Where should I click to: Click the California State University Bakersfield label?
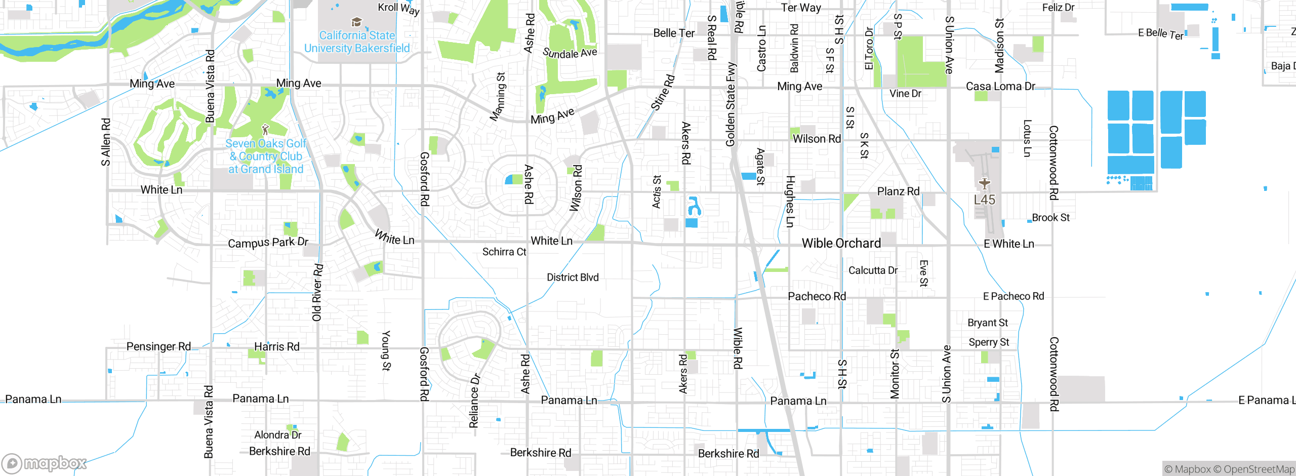tap(357, 42)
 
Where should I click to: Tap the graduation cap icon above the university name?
tap(356, 22)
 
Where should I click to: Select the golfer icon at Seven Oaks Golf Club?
tap(265, 130)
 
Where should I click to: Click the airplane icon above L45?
tap(984, 183)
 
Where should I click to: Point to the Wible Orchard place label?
tap(841, 244)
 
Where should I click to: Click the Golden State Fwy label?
tap(730, 104)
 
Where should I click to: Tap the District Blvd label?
tap(573, 277)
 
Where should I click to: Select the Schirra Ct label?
tap(504, 252)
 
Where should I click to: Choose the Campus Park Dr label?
tap(268, 243)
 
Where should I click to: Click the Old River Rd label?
tap(317, 292)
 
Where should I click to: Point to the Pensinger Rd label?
tap(158, 347)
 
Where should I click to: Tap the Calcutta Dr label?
tap(873, 270)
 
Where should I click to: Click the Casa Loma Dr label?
tap(1000, 87)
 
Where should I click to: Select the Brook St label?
tap(1050, 218)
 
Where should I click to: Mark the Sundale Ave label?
tap(570, 53)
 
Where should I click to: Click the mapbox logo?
tap(45, 463)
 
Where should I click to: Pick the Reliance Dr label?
tap(474, 401)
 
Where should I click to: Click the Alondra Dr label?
tap(277, 435)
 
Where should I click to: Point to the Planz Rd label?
tap(898, 191)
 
